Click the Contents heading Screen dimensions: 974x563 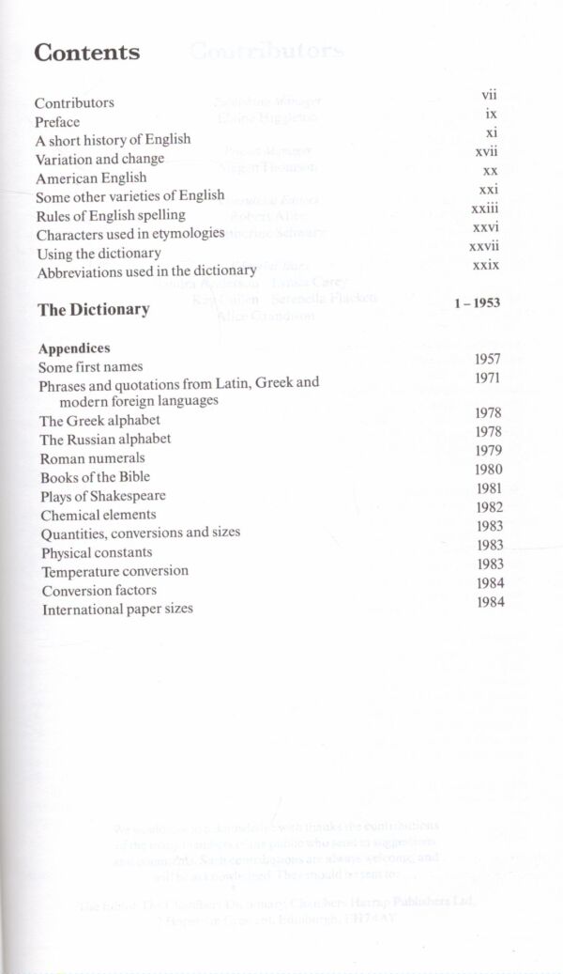tap(87, 53)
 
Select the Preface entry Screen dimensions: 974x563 tap(57, 121)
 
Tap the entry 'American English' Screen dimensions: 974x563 tap(91, 178)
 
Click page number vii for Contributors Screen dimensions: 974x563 tap(489, 95)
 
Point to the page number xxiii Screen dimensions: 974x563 tap(485, 209)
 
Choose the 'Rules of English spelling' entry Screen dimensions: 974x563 tap(111, 215)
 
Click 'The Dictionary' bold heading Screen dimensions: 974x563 tap(93, 309)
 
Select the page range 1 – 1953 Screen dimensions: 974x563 tap(476, 302)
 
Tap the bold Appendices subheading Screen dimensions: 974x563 tap(74, 348)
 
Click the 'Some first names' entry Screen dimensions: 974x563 tap(91, 366)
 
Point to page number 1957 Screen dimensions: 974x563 tap(487, 359)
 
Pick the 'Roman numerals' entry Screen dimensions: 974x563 tap(92, 458)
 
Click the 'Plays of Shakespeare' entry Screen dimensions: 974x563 tap(103, 496)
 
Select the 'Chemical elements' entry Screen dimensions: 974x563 tap(99, 515)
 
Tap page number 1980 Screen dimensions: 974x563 tap(489, 470)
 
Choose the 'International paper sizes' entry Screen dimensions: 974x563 tap(117, 609)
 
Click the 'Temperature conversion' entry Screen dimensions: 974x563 tap(114, 571)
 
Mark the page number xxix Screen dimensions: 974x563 tap(485, 266)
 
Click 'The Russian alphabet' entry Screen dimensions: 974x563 tap(105, 439)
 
